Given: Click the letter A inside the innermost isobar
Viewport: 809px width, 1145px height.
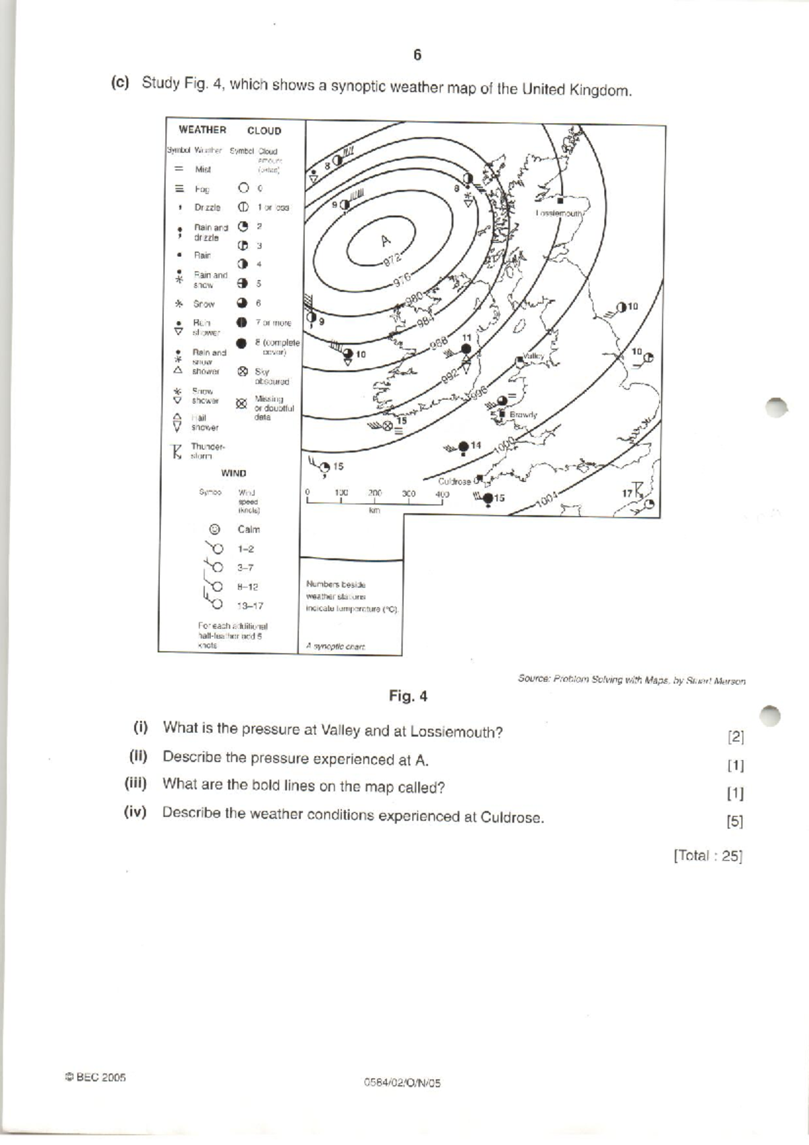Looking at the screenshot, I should point(385,240).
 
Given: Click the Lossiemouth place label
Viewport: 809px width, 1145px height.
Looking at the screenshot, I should point(559,213).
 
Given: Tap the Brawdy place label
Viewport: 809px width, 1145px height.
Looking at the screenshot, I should point(523,415).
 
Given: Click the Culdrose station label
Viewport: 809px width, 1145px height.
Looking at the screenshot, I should point(454,481).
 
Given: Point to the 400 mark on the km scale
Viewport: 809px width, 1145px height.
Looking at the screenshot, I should point(442,494).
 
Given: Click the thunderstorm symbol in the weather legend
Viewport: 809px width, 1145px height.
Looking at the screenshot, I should point(178,451).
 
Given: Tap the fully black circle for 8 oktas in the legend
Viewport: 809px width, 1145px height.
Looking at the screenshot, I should point(242,343).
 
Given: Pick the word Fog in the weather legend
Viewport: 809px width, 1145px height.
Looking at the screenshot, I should point(202,189).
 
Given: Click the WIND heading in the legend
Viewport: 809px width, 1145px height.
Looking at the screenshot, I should point(233,473).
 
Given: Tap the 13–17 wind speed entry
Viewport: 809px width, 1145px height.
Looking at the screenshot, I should point(249,606).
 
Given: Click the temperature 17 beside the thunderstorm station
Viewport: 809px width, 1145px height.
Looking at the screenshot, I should point(627,494).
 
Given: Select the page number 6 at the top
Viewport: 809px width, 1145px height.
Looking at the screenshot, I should point(417,55).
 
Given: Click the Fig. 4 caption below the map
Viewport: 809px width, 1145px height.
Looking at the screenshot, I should point(408,697).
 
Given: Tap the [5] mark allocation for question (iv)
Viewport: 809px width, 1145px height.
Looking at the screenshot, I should point(735,821).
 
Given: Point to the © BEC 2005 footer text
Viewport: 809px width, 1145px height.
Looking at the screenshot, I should point(95,1077).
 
